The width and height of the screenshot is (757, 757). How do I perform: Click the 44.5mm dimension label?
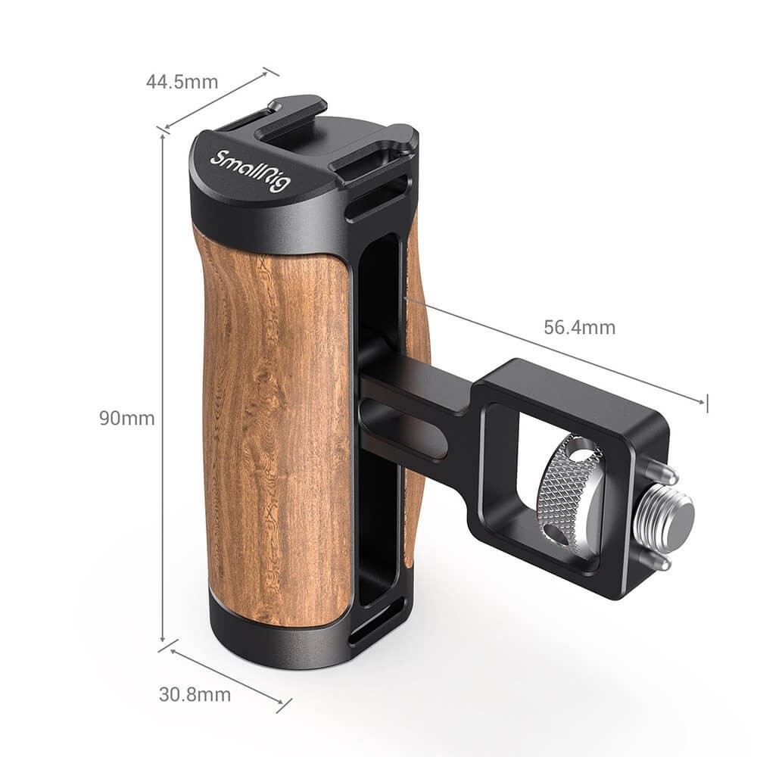(182, 82)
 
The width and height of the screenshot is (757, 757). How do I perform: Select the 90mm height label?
(126, 418)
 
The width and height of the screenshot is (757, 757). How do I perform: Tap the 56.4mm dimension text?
(579, 327)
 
